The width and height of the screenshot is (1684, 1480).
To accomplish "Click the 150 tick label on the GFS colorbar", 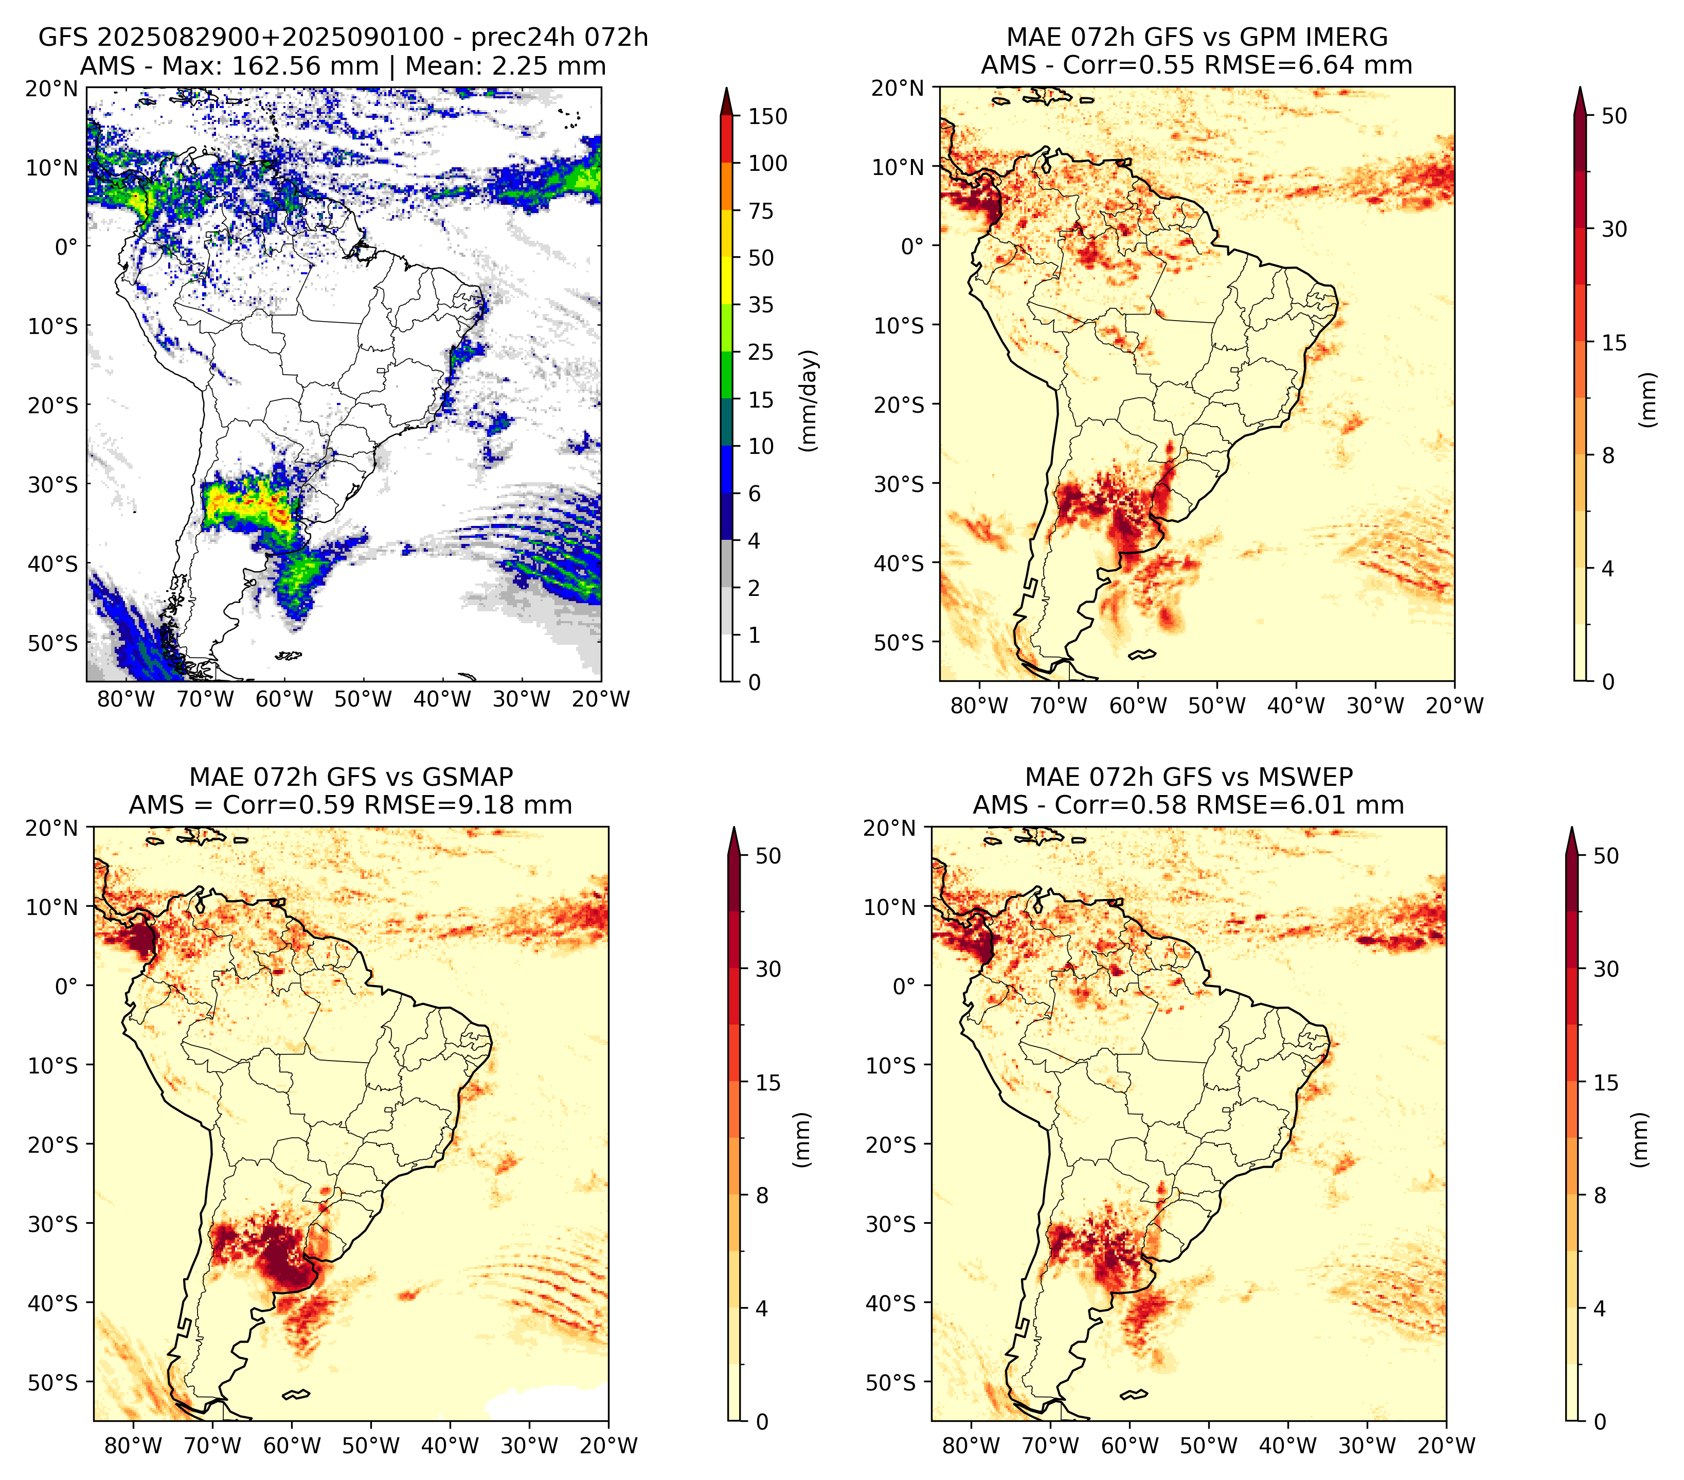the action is (768, 116).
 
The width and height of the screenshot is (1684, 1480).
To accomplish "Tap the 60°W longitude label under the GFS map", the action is (284, 700).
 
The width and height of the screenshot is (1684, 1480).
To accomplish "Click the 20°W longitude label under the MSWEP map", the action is (1446, 1446).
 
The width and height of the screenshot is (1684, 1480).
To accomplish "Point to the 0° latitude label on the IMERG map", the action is (912, 245).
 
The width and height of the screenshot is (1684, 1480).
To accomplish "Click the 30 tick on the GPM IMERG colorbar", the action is (1615, 229).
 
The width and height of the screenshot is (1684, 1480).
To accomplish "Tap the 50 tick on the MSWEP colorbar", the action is (1606, 855).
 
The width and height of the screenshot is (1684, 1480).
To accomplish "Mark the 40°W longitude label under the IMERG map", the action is (1296, 706).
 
